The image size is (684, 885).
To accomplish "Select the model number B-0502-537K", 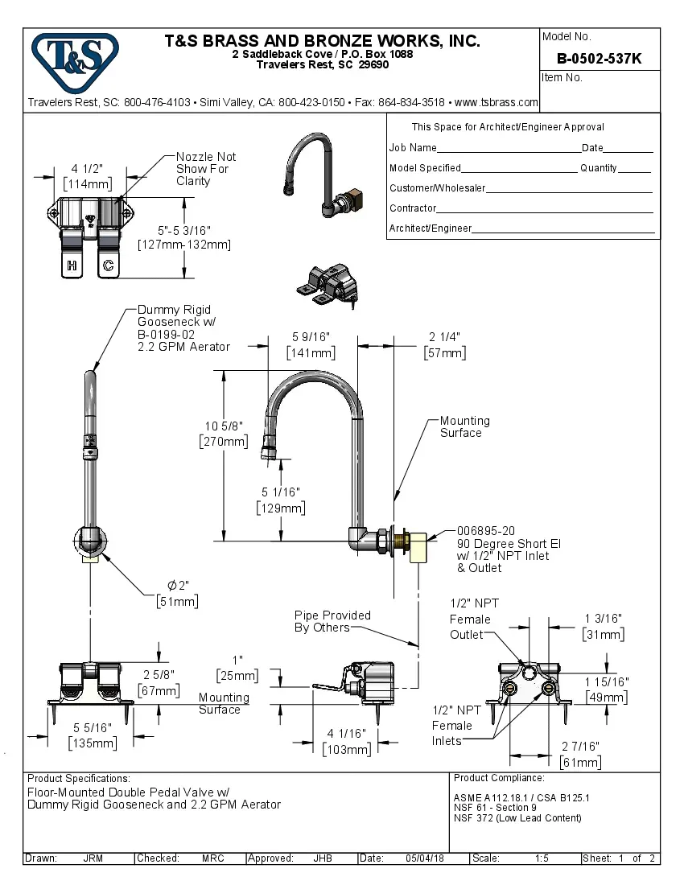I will pyautogui.click(x=600, y=58).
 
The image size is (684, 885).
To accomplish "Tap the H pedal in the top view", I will pyautogui.click(x=72, y=265).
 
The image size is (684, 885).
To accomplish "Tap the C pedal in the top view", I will pyautogui.click(x=108, y=265).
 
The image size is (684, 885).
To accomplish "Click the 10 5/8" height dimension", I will pyautogui.click(x=224, y=426).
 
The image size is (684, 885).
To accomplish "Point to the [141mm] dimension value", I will pyautogui.click(x=311, y=352).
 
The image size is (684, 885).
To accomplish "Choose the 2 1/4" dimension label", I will pyautogui.click(x=444, y=337).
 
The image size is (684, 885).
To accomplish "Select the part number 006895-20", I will pyautogui.click(x=485, y=532).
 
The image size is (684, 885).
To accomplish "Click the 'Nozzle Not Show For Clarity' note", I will pyautogui.click(x=206, y=169).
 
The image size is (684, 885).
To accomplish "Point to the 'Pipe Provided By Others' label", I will pyautogui.click(x=332, y=621).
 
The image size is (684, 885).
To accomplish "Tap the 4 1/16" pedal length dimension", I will pyautogui.click(x=347, y=733).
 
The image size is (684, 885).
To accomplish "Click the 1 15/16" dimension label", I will pyautogui.click(x=607, y=681).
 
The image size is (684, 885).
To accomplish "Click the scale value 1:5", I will pyautogui.click(x=542, y=858).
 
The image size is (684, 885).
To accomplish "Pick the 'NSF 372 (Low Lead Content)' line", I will pyautogui.click(x=517, y=818).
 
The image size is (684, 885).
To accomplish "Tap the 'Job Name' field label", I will pyautogui.click(x=413, y=148).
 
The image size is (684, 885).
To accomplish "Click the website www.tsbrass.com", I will pyautogui.click(x=496, y=102).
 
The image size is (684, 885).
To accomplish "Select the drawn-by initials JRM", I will pyautogui.click(x=93, y=858).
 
